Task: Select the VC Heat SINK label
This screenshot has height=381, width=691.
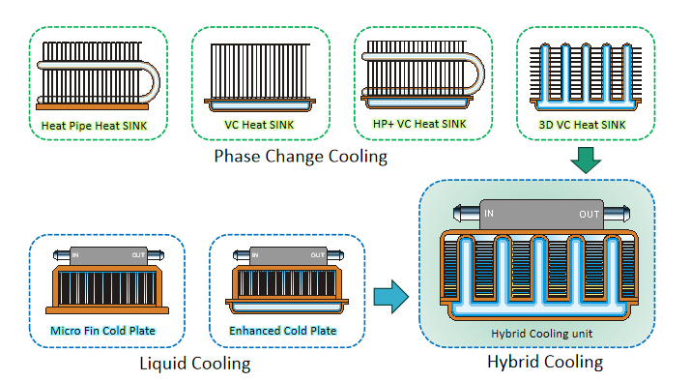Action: [x=259, y=124]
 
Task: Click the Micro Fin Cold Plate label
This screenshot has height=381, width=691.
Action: [x=102, y=331]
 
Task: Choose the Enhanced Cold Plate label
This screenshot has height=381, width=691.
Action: [x=282, y=331]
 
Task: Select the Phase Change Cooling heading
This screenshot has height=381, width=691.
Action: [x=300, y=157]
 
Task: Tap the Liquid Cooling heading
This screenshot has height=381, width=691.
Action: [x=193, y=364]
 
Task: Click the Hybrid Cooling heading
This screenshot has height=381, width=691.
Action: [x=545, y=363]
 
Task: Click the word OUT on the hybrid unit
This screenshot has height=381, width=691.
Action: [x=589, y=213]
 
